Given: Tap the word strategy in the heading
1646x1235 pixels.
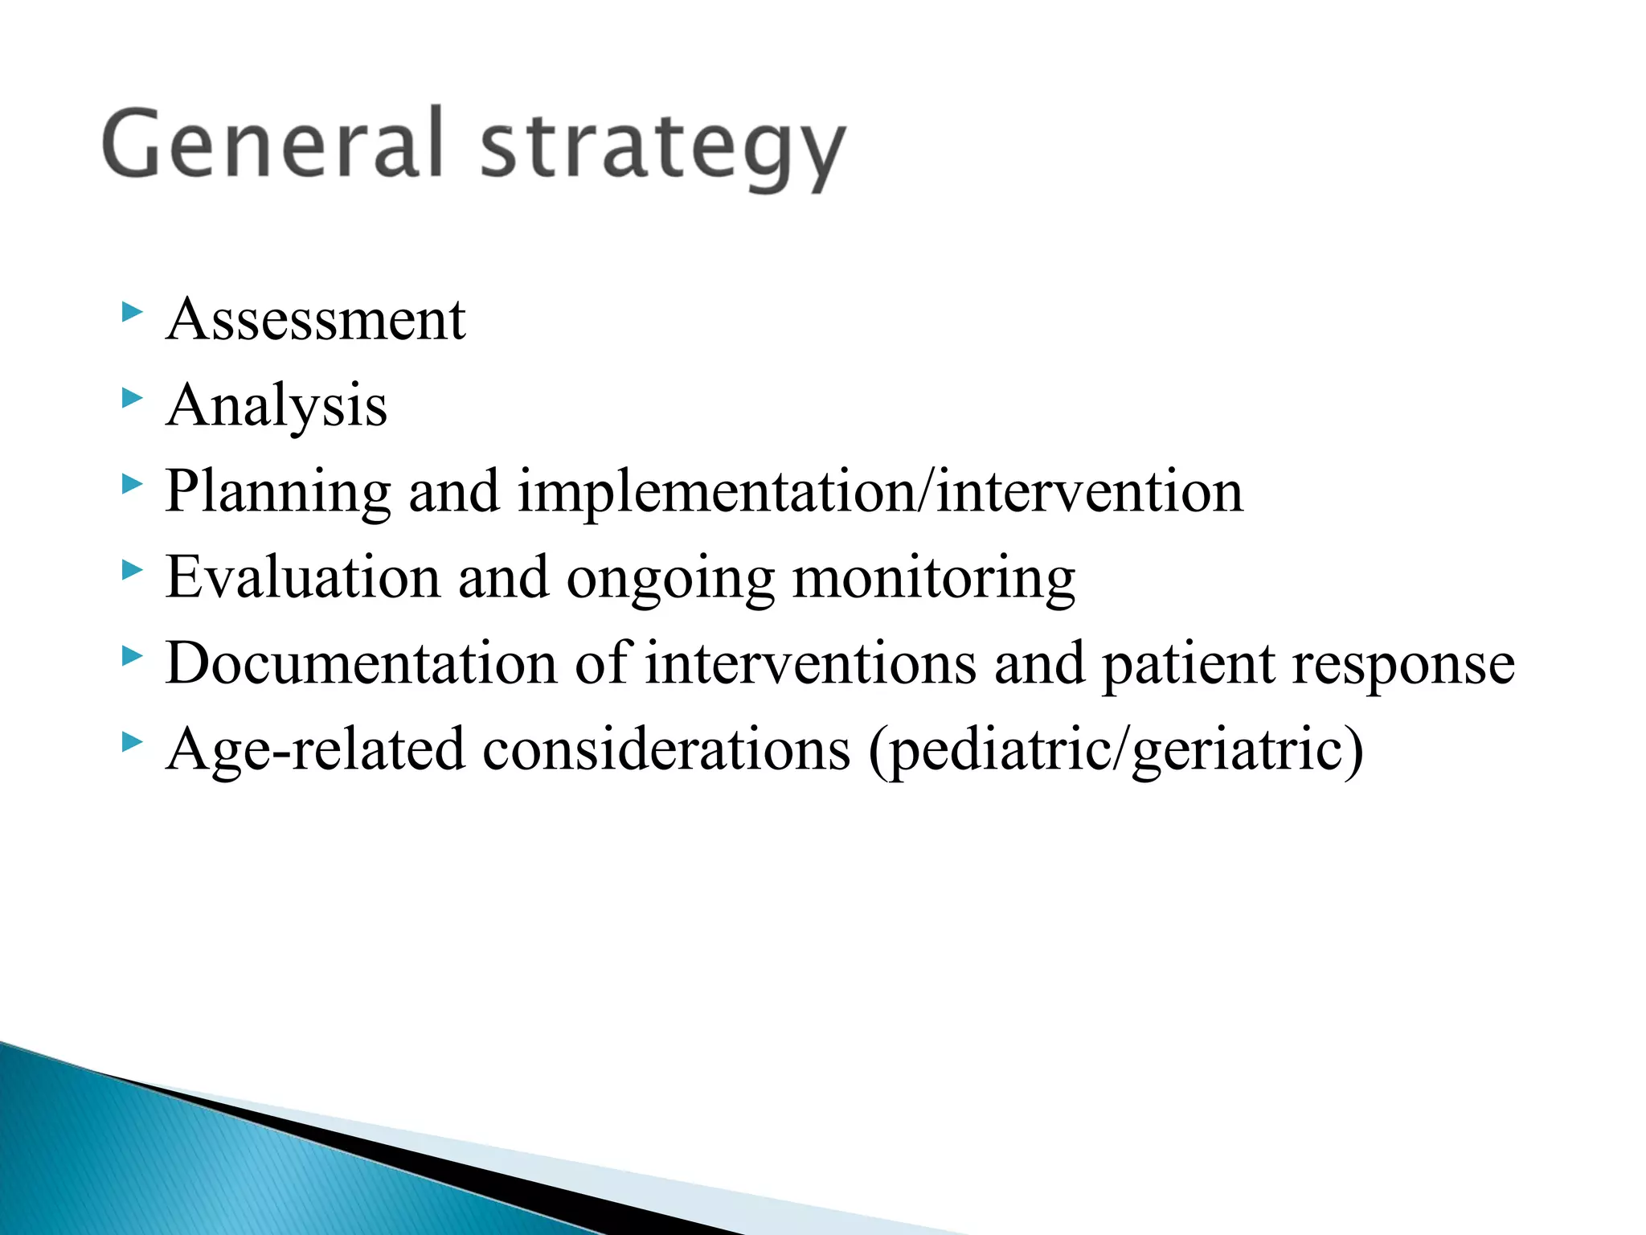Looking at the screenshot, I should (x=662, y=149).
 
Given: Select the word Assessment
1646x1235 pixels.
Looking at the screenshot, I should (x=315, y=320).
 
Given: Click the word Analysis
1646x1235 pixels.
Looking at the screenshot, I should (x=276, y=406).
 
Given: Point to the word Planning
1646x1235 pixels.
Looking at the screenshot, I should (x=277, y=492).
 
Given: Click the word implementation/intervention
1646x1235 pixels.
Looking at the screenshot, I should (x=880, y=492).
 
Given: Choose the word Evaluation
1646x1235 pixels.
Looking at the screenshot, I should (x=303, y=578).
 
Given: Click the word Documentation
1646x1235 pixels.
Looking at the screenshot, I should (x=361, y=664).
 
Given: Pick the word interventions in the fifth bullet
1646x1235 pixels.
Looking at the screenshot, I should (x=810, y=664).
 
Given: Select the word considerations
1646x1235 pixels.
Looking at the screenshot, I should (x=666, y=749).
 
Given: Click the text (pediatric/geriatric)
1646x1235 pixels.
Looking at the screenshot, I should (x=1116, y=751).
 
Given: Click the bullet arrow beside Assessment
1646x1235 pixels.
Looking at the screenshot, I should (x=132, y=312).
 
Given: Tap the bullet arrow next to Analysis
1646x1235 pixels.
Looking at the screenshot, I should (x=132, y=398).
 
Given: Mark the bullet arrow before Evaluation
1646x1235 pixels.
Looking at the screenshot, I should (x=132, y=570).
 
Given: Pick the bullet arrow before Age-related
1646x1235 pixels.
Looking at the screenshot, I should (x=132, y=742).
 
